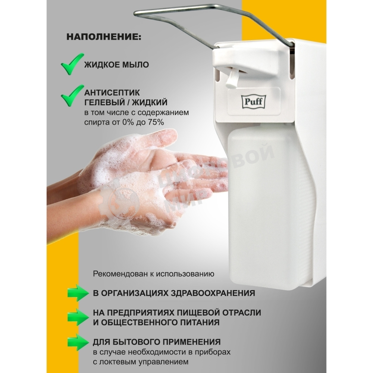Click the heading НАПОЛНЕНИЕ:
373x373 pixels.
tap(104, 37)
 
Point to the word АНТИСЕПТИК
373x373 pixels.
tap(112, 92)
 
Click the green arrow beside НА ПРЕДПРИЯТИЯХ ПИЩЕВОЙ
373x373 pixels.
tap(78, 317)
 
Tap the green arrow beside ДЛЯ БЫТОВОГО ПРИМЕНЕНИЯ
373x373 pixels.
tap(78, 342)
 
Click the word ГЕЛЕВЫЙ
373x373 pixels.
tap(104, 102)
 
